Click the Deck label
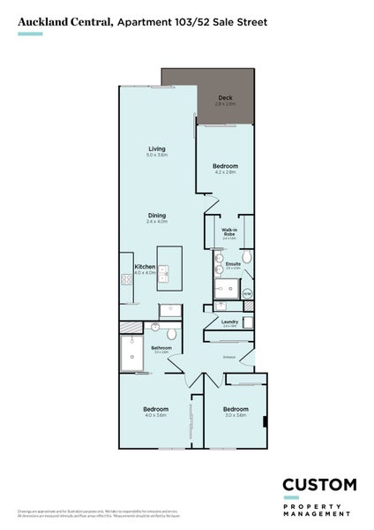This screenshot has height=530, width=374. [225, 99]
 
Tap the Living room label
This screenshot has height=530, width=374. [157, 149]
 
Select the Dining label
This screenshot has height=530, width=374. [156, 217]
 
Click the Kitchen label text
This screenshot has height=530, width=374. [146, 268]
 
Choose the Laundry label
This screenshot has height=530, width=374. [230, 322]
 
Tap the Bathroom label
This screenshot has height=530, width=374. [161, 348]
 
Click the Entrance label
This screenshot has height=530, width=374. [229, 357]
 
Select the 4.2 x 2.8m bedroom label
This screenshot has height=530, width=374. [226, 168]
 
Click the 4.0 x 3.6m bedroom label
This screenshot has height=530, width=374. [156, 411]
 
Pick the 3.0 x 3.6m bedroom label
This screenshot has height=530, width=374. [235, 411]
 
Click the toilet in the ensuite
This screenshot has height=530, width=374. [248, 258]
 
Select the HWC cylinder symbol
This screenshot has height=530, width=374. [247, 294]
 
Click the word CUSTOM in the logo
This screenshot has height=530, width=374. [318, 485]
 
